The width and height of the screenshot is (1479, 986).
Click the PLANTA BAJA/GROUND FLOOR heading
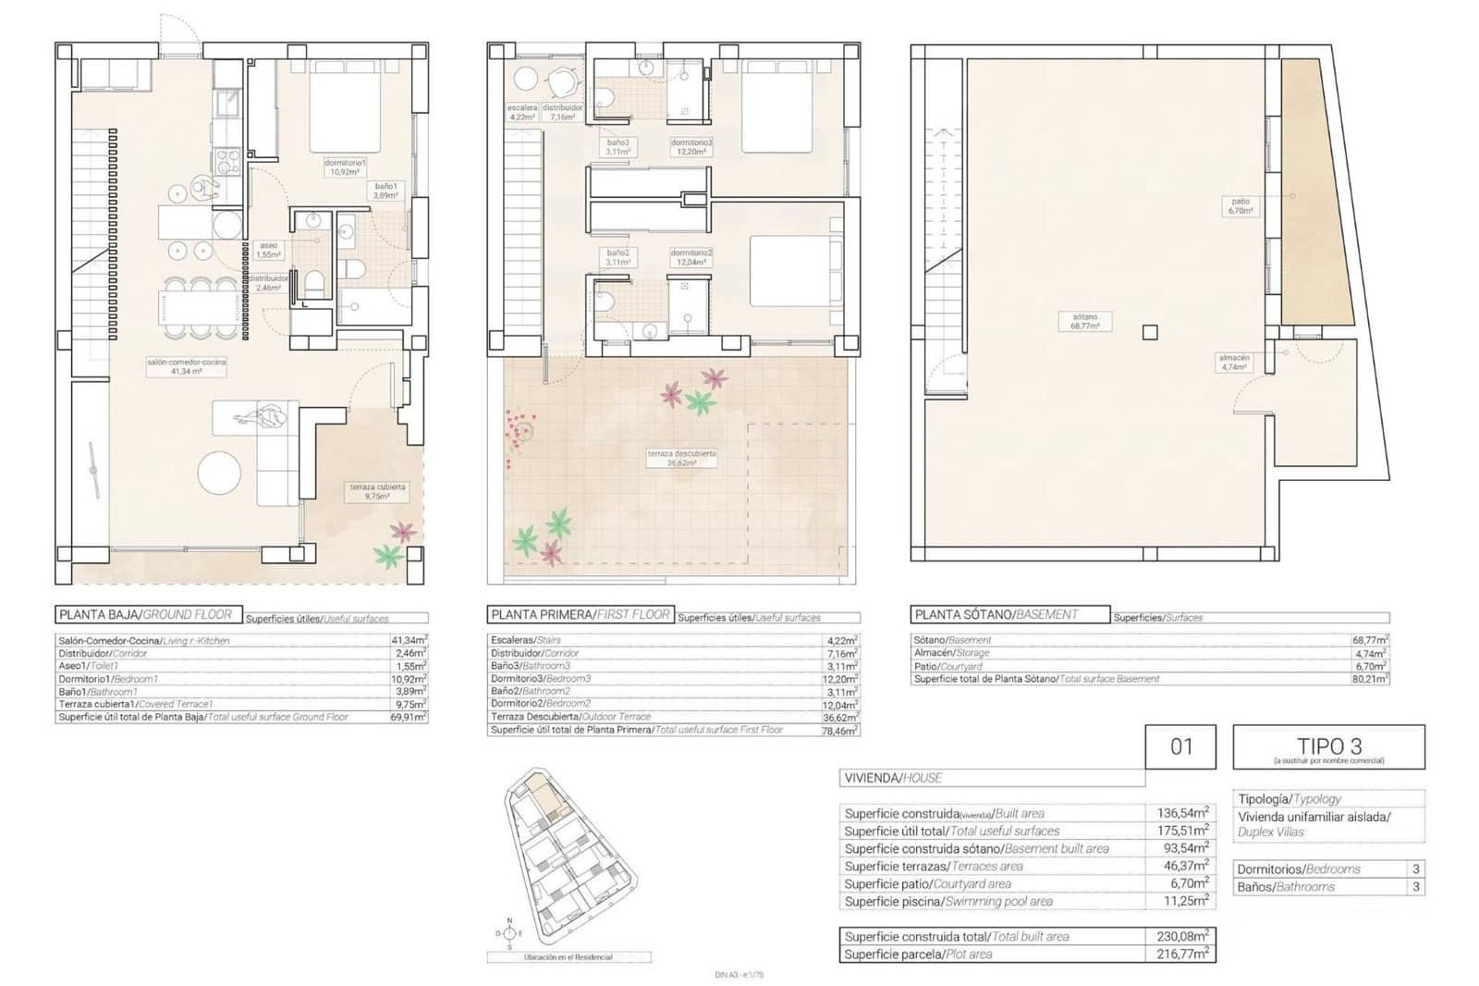tap(149, 614)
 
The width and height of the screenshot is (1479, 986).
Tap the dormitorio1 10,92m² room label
tap(345, 167)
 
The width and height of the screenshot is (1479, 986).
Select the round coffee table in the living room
tap(223, 472)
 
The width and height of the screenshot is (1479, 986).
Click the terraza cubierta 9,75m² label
tap(377, 491)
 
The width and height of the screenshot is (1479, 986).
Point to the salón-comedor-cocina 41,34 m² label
tap(186, 366)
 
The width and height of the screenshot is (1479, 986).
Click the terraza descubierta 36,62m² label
tap(682, 458)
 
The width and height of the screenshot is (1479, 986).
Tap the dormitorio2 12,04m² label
tap(691, 257)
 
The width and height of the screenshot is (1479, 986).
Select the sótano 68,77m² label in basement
tap(1084, 322)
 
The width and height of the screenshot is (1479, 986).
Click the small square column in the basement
tap(1149, 332)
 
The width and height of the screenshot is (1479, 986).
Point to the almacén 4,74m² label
tap(1233, 362)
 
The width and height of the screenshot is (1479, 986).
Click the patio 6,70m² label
tap(1240, 205)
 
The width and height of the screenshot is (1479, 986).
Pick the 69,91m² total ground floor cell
tap(408, 717)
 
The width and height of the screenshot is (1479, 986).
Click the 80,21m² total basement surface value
tap(1370, 679)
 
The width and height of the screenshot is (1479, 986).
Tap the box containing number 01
tap(1180, 746)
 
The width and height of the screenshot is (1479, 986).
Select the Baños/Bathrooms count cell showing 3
tap(1415, 887)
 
